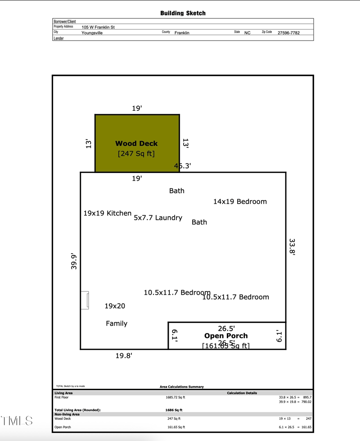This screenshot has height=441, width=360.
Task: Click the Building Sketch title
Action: pos(183,13)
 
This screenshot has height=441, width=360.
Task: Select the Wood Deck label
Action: pos(136,144)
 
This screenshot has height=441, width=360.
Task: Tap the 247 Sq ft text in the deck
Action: pos(136,154)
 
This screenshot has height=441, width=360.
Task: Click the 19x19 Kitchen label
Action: pos(108,213)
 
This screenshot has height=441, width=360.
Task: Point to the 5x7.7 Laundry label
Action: pos(158,218)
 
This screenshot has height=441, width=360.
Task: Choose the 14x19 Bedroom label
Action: pos(240,201)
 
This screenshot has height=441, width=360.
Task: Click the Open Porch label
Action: pos(226,336)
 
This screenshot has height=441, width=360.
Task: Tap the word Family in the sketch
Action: pos(117,323)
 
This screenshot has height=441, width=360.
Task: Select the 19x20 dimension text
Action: pos(115,306)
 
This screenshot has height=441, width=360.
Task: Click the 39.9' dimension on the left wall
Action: pos(74,261)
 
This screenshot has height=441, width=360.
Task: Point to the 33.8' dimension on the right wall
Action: pos(292,247)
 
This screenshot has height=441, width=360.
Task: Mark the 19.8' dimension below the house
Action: pos(124,356)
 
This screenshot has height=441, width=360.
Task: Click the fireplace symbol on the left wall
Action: pos(85,300)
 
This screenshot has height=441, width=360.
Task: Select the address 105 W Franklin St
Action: pos(98,27)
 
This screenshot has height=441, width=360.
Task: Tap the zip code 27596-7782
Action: pos(288,33)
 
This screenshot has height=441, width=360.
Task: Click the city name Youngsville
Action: pos(92,33)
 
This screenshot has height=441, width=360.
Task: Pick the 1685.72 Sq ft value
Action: pos(175,397)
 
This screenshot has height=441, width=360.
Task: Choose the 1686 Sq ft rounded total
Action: pos(174,410)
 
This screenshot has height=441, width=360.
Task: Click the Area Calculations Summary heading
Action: pos(182,386)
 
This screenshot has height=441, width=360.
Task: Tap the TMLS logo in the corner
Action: pos(17,421)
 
